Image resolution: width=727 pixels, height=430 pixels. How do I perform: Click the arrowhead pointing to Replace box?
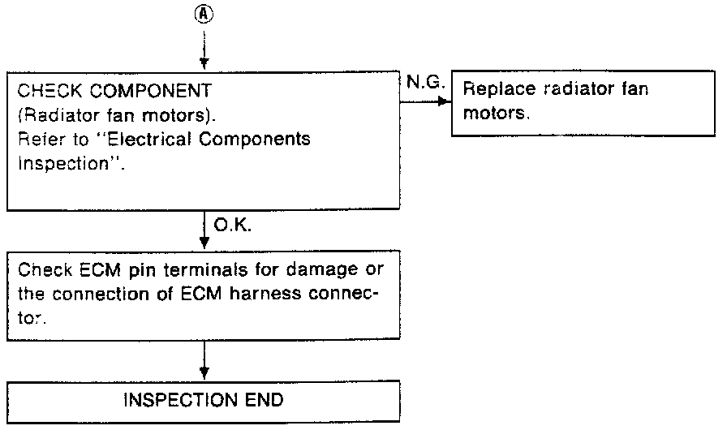click(443, 101)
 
